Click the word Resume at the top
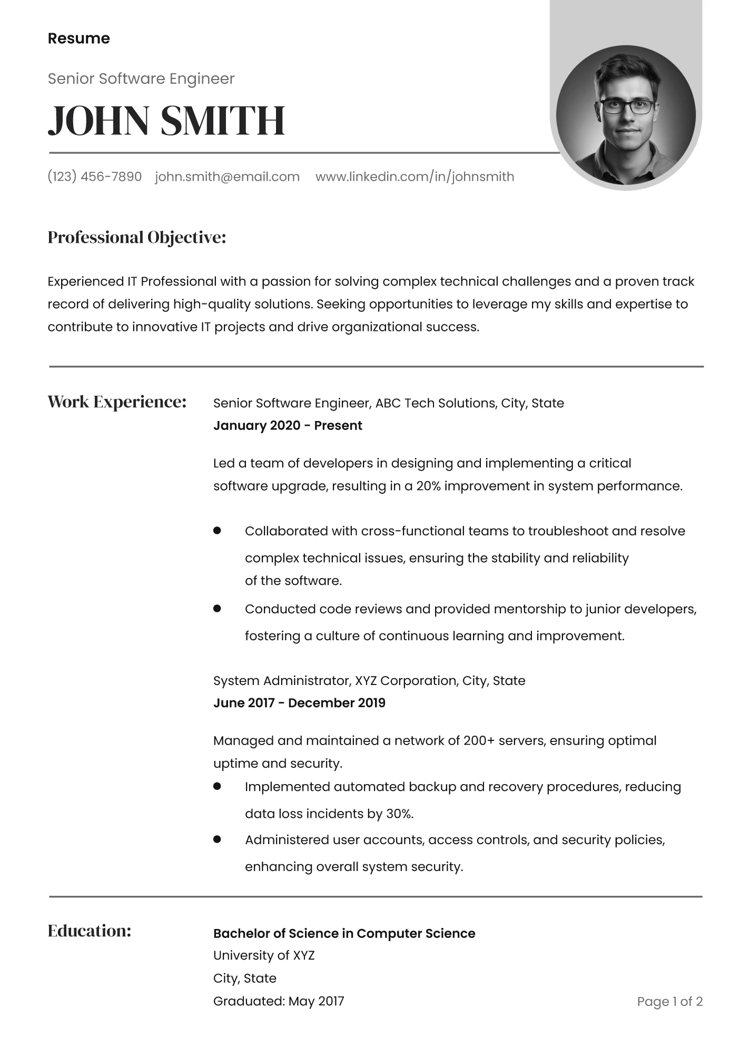(x=78, y=38)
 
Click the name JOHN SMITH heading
(x=166, y=121)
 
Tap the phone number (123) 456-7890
(x=95, y=177)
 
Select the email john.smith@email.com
(x=227, y=177)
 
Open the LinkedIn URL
(x=415, y=177)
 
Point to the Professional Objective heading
(x=137, y=238)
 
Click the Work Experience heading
(x=117, y=402)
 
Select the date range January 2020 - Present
(x=288, y=426)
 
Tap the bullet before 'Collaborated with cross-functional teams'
(x=216, y=531)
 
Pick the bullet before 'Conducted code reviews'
(x=216, y=609)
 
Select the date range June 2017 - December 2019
(x=299, y=703)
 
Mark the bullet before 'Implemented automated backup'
(x=216, y=786)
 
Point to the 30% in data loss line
(x=399, y=814)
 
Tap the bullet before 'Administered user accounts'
(x=216, y=839)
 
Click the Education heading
(x=89, y=931)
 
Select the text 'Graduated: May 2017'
(x=279, y=1001)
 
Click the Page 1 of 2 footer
(x=669, y=1002)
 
